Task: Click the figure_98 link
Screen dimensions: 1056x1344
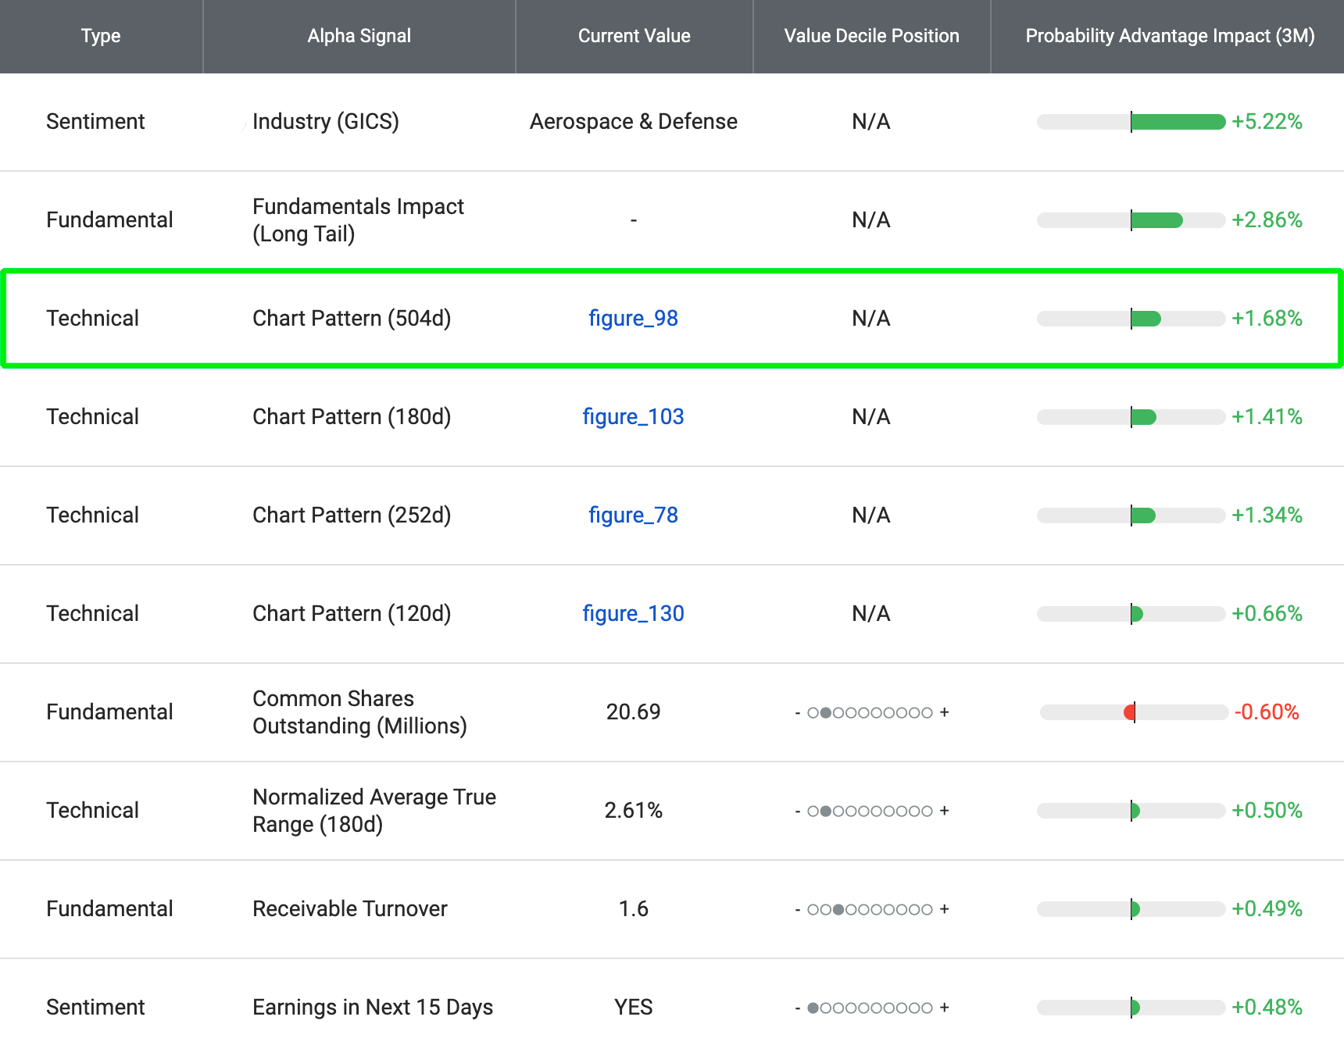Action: coord(633,319)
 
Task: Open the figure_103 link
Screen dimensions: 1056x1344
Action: coord(633,417)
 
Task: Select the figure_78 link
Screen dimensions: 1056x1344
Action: coord(633,516)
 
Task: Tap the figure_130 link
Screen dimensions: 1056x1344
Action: coord(633,614)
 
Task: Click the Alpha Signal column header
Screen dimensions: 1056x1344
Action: coord(359,36)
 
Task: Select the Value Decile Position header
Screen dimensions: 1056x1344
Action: coord(871,36)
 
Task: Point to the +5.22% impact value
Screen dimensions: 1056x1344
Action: coord(1267,122)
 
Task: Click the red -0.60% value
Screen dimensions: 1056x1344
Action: coord(1266,712)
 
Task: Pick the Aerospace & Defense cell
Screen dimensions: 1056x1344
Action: coord(633,122)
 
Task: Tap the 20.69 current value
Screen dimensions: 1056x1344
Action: coord(633,712)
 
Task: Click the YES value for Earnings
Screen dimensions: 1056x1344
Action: coord(633,1008)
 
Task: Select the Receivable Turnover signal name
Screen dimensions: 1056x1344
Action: coord(349,909)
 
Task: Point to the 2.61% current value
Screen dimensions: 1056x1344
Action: coord(633,811)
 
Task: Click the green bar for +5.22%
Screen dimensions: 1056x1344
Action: coord(1178,122)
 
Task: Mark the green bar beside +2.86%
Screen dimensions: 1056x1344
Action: coord(1156,220)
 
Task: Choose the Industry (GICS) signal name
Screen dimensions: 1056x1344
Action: coord(325,122)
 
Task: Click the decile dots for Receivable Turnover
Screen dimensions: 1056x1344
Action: coord(870,909)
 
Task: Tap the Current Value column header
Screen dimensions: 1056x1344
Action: coord(634,36)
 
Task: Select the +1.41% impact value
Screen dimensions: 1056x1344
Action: coord(1267,417)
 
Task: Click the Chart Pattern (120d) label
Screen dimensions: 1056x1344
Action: coord(352,614)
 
